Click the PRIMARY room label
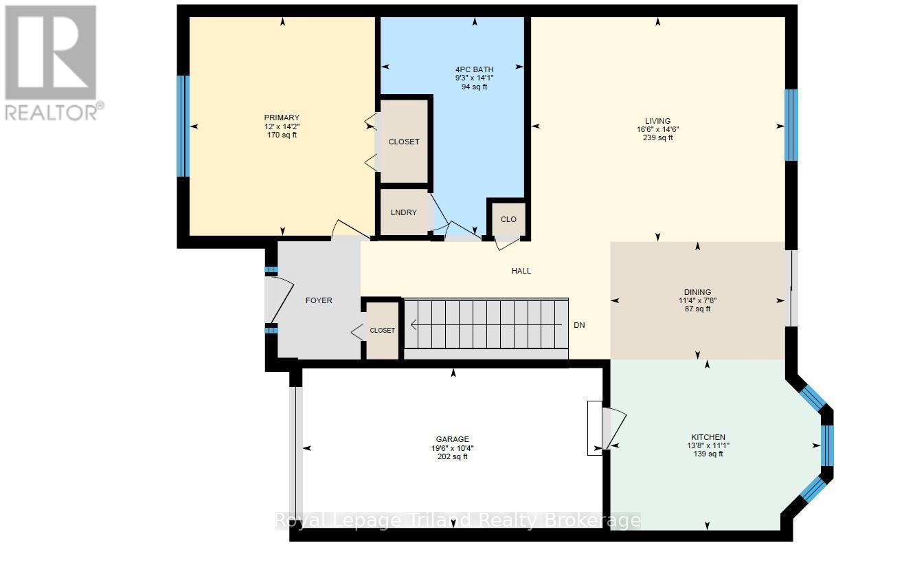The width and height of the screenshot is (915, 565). [282, 118]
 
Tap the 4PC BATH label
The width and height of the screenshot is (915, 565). [474, 69]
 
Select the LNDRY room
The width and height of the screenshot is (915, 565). [404, 212]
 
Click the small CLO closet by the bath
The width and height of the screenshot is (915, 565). [508, 219]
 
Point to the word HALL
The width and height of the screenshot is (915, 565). [521, 271]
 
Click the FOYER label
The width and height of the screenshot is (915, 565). [319, 300]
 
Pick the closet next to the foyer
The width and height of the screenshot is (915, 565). [382, 331]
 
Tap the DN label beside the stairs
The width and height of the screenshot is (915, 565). [579, 325]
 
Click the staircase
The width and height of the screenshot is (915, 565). [485, 325]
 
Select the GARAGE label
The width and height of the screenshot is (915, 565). [452, 439]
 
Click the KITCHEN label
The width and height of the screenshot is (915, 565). [708, 437]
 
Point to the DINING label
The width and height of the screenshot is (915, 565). [697, 292]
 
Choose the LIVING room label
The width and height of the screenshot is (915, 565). [657, 121]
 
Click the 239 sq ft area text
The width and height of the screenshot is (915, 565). [657, 137]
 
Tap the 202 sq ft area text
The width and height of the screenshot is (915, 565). [452, 456]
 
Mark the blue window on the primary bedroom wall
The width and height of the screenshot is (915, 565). [183, 126]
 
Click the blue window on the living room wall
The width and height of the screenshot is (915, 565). [791, 125]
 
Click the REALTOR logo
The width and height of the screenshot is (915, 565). [52, 62]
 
